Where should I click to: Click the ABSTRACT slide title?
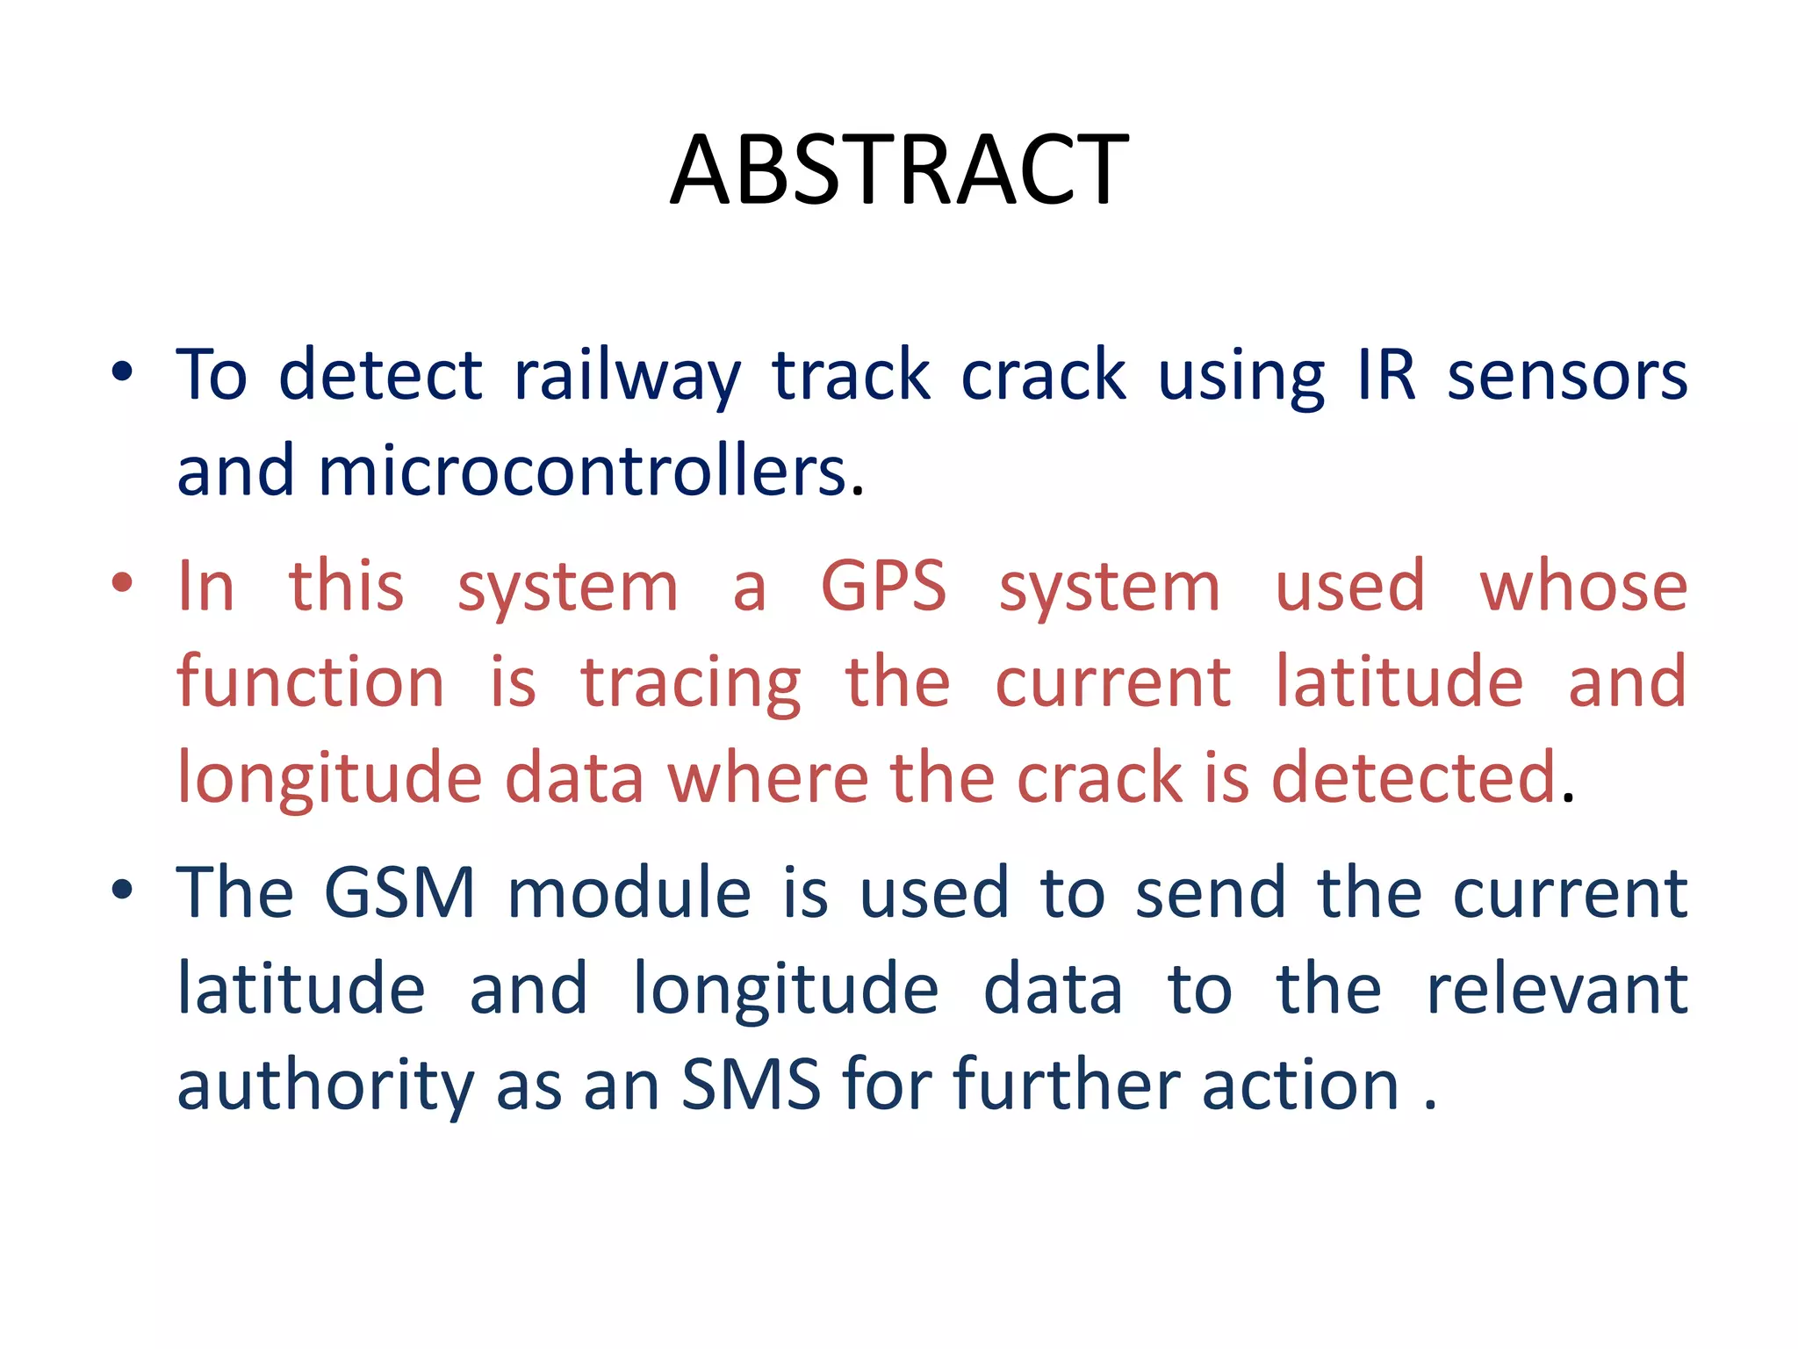point(899,170)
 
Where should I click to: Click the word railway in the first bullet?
point(627,376)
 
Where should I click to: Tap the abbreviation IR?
point(1387,376)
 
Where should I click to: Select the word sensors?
point(1567,376)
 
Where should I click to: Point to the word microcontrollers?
point(582,472)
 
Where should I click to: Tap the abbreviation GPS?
point(883,587)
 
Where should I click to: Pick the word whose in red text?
point(1583,587)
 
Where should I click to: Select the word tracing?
point(691,682)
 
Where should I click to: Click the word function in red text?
point(311,682)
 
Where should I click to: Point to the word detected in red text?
point(1413,778)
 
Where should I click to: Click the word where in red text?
point(767,778)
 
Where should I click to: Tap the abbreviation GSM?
point(399,893)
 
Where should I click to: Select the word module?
point(629,893)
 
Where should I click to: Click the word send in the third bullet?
point(1210,893)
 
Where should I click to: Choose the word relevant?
point(1557,989)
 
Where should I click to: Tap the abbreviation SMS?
point(751,1086)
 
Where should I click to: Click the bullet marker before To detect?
point(122,372)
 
